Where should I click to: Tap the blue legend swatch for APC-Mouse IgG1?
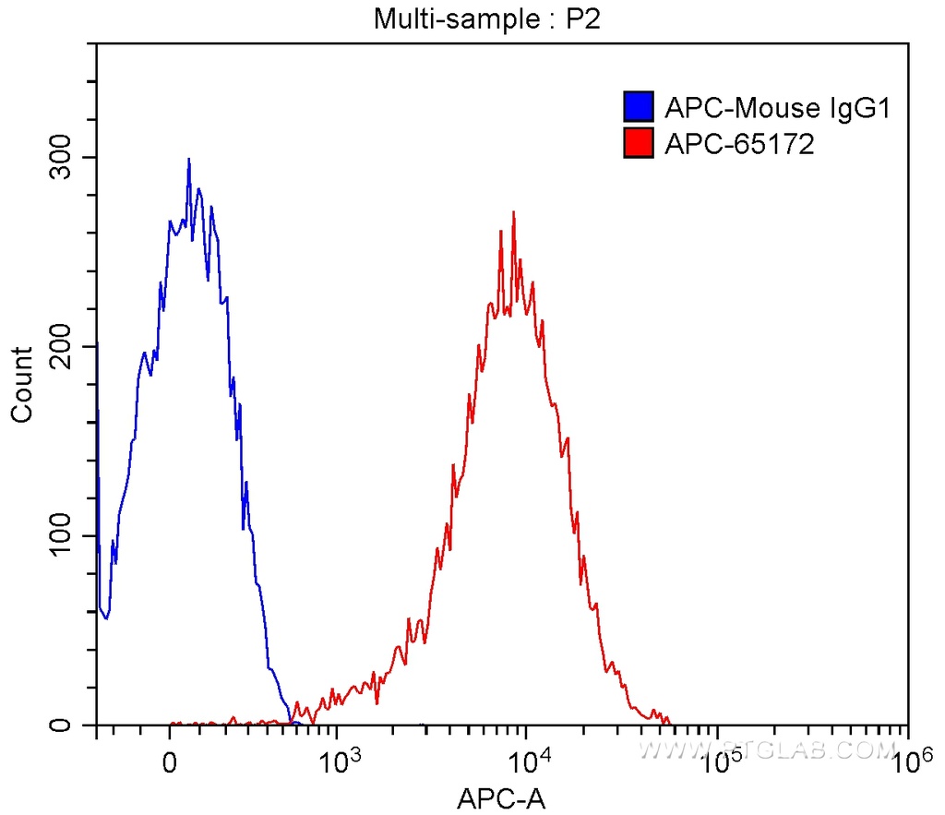click(x=638, y=108)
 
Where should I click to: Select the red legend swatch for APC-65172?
click(x=638, y=143)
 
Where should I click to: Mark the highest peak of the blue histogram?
click(x=188, y=159)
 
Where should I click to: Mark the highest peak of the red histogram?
click(x=513, y=212)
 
